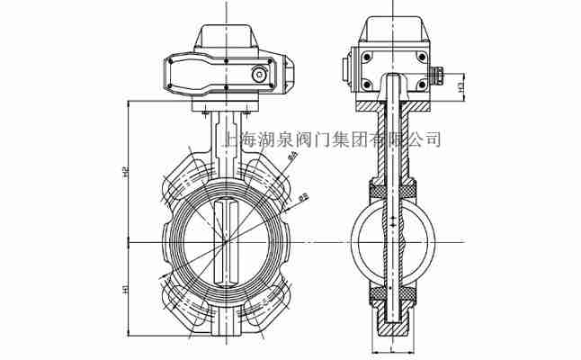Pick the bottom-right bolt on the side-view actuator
[x=419, y=85]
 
